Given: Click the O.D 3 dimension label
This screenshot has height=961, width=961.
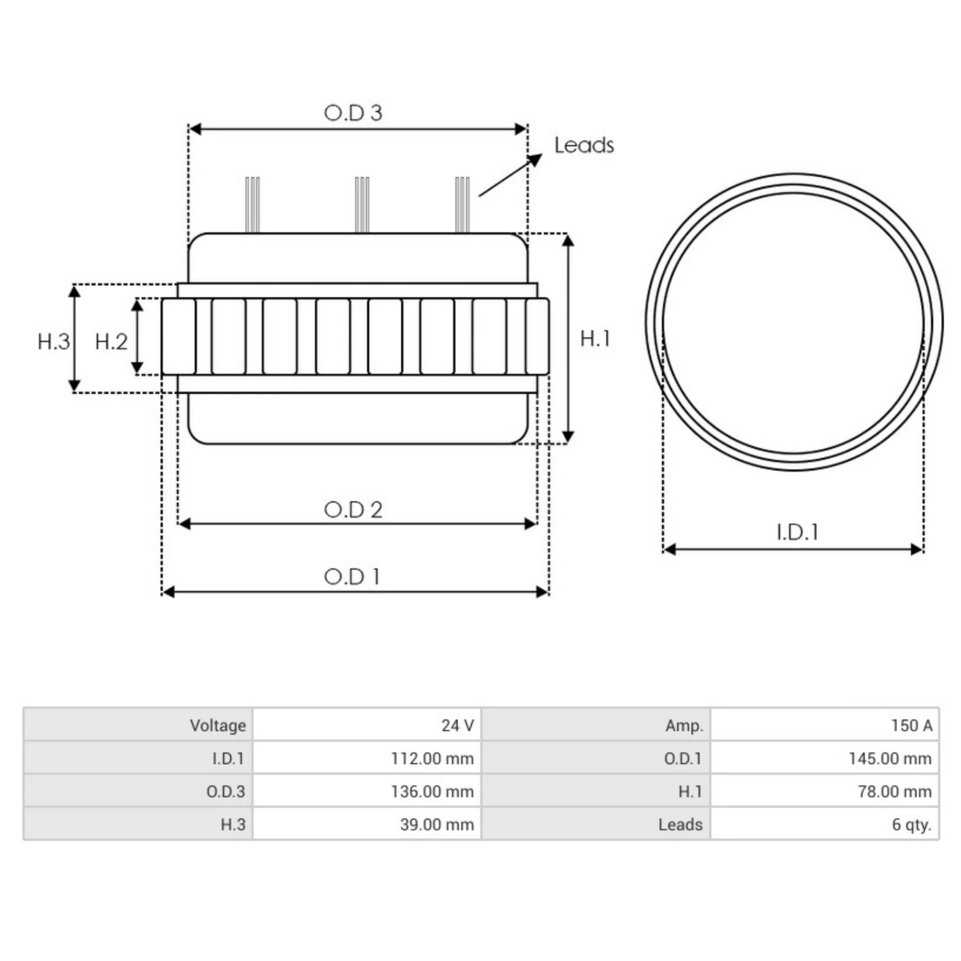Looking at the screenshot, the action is click(353, 113).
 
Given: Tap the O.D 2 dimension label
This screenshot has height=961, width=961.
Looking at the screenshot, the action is click(353, 509).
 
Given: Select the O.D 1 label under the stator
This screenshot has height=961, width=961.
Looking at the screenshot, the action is click(352, 577).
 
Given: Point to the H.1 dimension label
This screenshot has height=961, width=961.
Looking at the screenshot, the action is click(595, 339).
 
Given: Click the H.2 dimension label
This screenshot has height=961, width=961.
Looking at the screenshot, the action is click(111, 342).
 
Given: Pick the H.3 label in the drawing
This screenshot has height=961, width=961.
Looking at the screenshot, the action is click(54, 342).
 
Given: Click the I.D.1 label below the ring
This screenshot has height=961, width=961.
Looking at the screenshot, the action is click(798, 533).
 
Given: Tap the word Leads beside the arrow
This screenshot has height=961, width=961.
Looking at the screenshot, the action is click(584, 145).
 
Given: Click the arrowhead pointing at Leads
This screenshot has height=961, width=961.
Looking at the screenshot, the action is click(535, 159).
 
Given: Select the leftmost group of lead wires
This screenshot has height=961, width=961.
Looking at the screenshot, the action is click(252, 204).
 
